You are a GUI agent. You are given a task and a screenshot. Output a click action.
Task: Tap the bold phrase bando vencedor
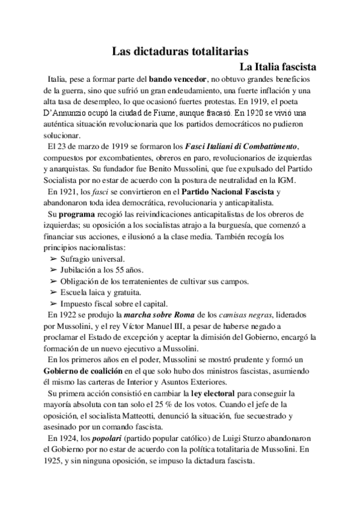[x=177, y=79]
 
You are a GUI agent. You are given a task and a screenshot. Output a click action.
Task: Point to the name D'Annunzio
[x=60, y=112]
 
